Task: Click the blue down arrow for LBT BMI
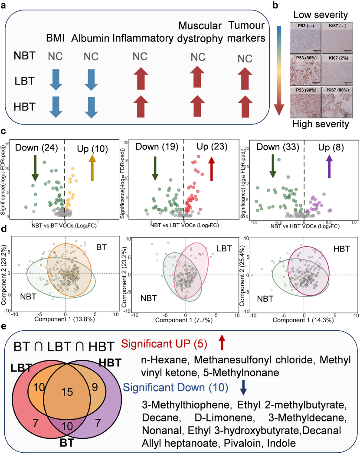pos(56,79)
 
